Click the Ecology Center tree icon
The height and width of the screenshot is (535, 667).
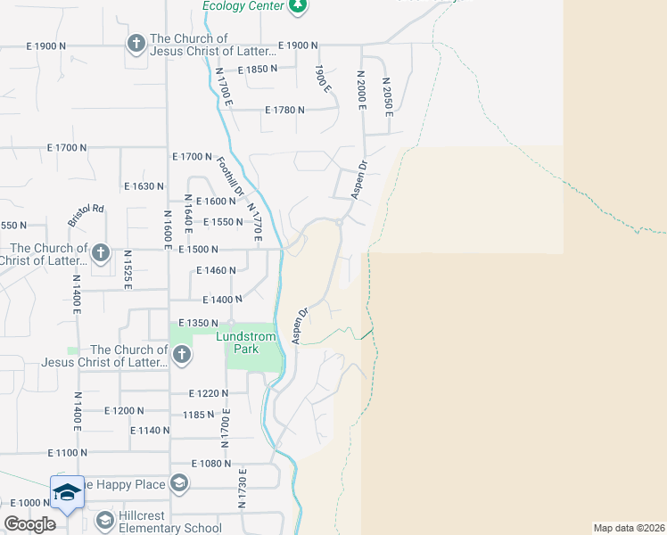[x=298, y=6]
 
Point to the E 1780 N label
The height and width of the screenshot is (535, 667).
[x=284, y=110]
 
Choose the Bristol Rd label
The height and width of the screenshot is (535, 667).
[x=86, y=217]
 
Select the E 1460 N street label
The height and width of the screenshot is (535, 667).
[x=214, y=269]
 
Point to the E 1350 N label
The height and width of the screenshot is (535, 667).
[x=198, y=323]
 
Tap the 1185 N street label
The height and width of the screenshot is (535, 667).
[x=199, y=415]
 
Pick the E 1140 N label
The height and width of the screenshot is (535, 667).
[x=149, y=430]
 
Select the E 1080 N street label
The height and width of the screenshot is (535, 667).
[x=211, y=464]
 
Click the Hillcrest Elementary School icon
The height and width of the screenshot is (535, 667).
[x=104, y=519]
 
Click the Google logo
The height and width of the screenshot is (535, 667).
[x=29, y=524]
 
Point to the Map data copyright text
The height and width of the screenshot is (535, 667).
[x=629, y=528]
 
